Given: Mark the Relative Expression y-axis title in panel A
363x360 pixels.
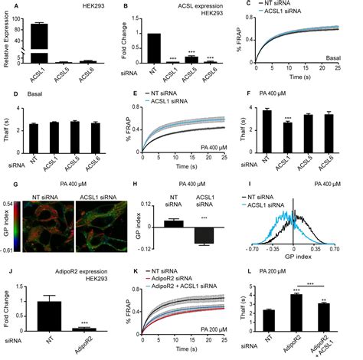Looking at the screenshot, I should coord(8,43).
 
